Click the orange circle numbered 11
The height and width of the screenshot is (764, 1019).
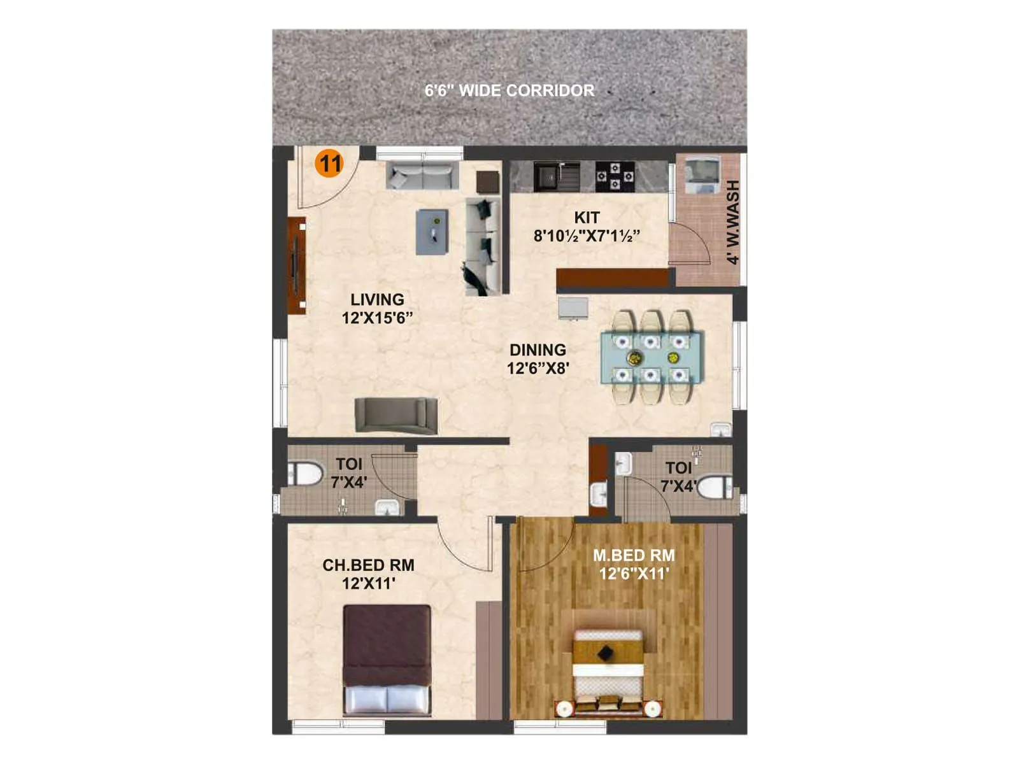pos(329,164)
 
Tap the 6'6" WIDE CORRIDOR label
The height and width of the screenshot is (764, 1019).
pos(509,90)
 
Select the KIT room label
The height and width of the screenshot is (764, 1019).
pos(587,227)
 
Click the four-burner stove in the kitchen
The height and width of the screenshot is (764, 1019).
pos(615,176)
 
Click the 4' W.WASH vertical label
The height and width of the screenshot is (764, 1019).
pos(733,222)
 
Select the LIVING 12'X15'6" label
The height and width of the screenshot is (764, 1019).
pos(377,308)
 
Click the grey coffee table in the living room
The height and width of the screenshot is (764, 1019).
pos(432,232)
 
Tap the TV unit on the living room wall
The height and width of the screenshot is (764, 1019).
pos(296,265)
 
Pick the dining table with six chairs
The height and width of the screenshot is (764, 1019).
pos(652,357)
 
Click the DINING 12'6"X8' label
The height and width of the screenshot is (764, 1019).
pos(538,358)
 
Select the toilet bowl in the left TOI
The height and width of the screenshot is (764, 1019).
pos(305,474)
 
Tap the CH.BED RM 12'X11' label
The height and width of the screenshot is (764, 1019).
pos(368,574)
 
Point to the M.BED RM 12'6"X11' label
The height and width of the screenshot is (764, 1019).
pos(634,564)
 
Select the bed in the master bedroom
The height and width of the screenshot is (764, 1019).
pos(608,668)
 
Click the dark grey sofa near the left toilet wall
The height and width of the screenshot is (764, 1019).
pos(396,414)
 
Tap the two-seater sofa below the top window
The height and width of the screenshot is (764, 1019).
pos(422,175)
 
